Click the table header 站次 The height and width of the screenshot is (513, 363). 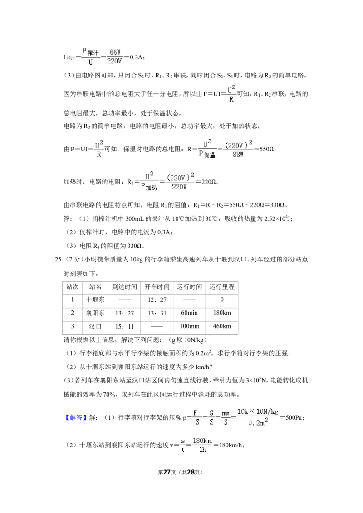pos(73,287)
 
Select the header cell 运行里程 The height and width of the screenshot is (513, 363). pos(222,287)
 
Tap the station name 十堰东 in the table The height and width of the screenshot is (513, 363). pos(95,300)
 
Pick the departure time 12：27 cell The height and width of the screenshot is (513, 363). pos(157,300)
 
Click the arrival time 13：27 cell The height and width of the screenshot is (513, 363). pos(124,313)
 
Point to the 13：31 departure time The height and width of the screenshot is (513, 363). pos(157,313)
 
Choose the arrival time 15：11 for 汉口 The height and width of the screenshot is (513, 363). pos(124,326)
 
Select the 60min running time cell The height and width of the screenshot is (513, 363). pos(189,313)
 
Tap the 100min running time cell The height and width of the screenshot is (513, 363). pos(189,326)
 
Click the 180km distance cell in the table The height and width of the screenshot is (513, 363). pos(222,313)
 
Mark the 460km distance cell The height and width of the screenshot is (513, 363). pos(222,326)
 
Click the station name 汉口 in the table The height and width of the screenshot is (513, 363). pos(95,326)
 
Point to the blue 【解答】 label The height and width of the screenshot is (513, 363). pos(76,417)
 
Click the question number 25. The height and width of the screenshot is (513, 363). pos(59,259)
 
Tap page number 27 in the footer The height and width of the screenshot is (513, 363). pos(167,472)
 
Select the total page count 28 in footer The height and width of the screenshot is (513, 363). pos(191,472)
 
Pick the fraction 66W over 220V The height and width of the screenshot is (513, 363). pos(114,57)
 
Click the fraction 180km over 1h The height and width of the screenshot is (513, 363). pos(202,445)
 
